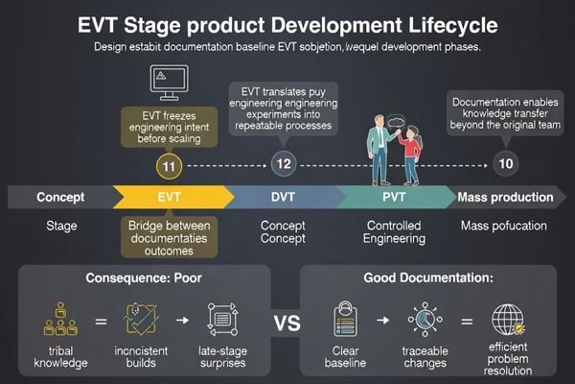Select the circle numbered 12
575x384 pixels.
coord(283,164)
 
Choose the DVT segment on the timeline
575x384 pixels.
coord(283,198)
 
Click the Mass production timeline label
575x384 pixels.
coord(505,198)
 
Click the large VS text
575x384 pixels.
coord(287,323)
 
